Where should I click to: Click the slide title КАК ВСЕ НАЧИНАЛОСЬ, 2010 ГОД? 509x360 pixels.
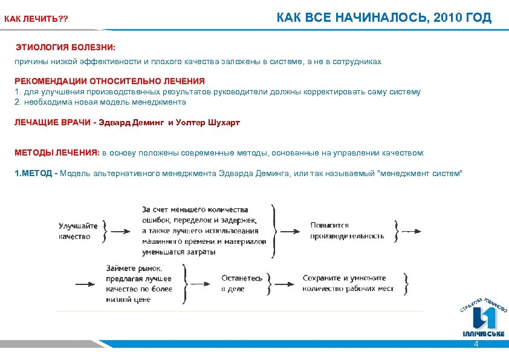(384, 17)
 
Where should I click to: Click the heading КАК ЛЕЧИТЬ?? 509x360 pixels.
(36, 20)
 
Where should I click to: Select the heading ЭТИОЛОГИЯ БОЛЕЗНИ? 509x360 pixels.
(65, 47)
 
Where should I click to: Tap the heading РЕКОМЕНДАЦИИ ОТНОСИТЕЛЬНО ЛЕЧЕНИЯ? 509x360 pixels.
(109, 80)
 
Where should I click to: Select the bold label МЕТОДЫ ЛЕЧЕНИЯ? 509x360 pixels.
(57, 153)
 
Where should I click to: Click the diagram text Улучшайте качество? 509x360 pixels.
(74, 231)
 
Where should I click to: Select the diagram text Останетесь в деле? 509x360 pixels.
(242, 283)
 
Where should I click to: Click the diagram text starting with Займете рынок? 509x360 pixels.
(138, 278)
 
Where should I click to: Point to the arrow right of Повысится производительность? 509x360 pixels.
(411, 231)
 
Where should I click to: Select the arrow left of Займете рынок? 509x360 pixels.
(84, 283)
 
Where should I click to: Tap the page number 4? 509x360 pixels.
(476, 344)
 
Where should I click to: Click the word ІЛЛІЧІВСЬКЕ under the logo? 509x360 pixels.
(483, 333)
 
